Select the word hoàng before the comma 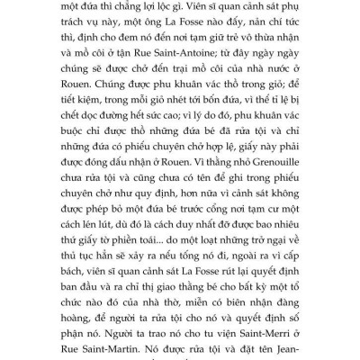point(94,322)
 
